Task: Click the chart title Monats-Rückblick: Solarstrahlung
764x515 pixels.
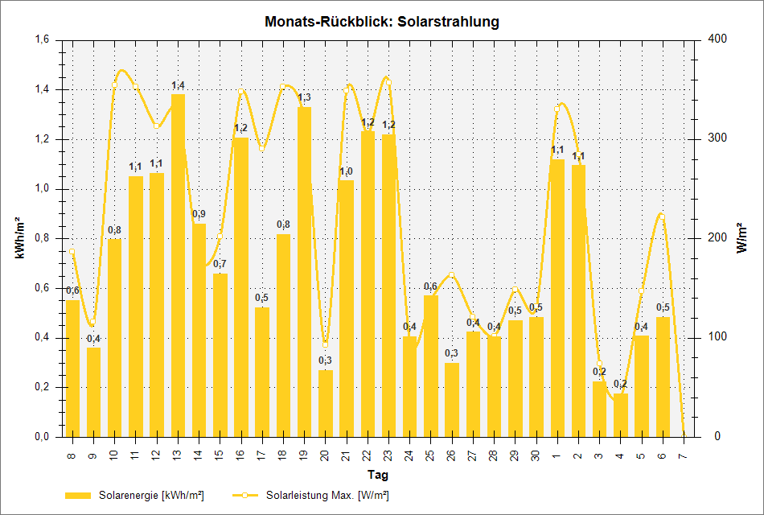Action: [x=381, y=22]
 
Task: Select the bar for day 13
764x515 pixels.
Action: [x=178, y=266]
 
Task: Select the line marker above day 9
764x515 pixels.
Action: [x=93, y=322]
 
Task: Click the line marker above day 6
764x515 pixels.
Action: [x=662, y=216]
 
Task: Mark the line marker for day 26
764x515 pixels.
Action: [x=451, y=275]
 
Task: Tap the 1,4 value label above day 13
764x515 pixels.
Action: [x=178, y=85]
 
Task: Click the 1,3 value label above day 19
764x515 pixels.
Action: [x=304, y=98]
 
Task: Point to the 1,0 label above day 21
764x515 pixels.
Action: [x=346, y=171]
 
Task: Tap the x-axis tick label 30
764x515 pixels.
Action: [x=536, y=456]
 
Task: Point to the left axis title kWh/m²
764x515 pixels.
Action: [x=18, y=238]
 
